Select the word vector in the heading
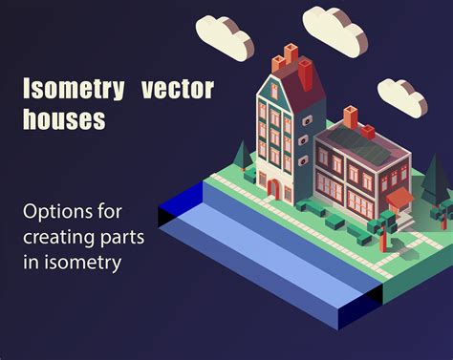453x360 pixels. click(x=177, y=91)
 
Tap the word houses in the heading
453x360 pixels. click(x=65, y=121)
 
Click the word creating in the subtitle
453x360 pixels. click(x=60, y=236)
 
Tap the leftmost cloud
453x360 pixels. click(x=224, y=35)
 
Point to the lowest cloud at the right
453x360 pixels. click(x=401, y=96)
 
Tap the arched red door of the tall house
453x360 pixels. click(x=273, y=188)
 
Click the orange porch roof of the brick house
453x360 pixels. click(x=399, y=198)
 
